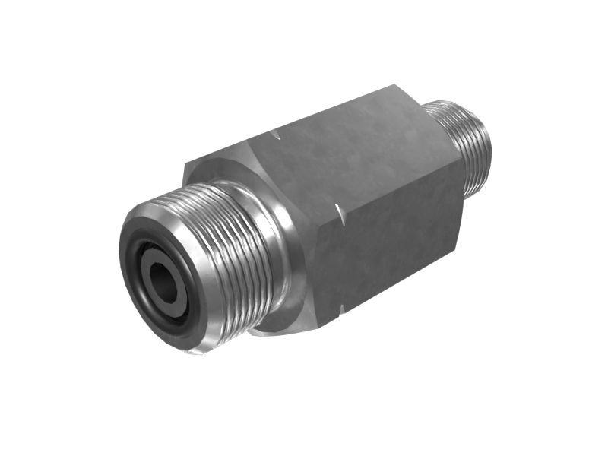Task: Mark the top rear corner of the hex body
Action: pos(395,87)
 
